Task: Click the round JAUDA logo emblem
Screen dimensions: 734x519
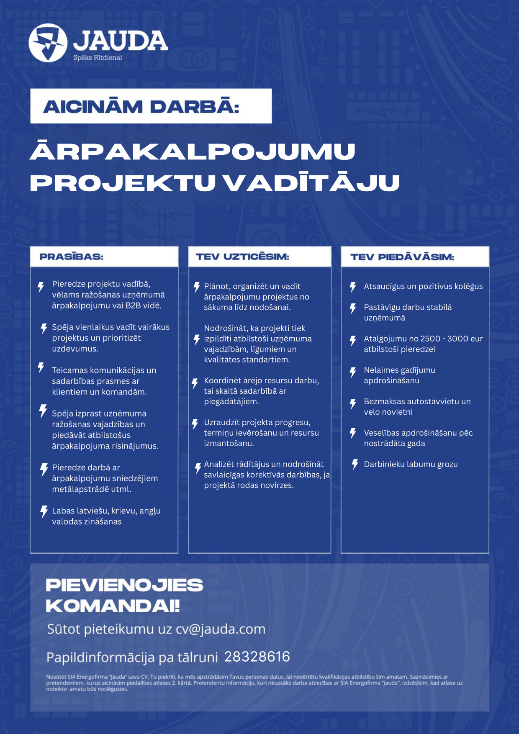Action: tap(48, 43)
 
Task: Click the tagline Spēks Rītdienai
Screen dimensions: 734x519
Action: tap(98, 58)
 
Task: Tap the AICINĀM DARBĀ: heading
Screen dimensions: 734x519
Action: tap(141, 107)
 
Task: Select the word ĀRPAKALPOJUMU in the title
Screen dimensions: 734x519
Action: tap(193, 151)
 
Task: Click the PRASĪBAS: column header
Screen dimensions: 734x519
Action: tap(71, 257)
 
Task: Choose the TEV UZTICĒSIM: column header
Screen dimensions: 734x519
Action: tap(242, 257)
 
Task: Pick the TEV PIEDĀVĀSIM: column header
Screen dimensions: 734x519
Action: tap(402, 257)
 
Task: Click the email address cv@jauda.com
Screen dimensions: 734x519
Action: tap(221, 629)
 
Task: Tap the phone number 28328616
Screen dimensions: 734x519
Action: tap(257, 657)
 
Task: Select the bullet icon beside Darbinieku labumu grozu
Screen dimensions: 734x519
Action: tap(355, 464)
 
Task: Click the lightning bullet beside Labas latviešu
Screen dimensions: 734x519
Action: tap(44, 511)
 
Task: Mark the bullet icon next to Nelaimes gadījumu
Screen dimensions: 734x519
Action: tap(353, 372)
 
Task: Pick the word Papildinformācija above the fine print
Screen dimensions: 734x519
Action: tap(100, 657)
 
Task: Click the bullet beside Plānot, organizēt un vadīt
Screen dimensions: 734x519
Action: tap(197, 287)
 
